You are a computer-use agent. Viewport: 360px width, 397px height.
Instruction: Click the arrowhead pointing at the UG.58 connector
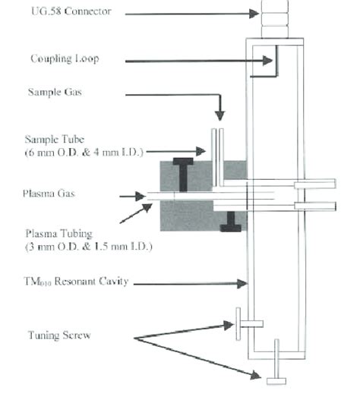(256, 12)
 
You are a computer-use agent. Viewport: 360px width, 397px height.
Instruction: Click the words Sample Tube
(51, 141)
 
